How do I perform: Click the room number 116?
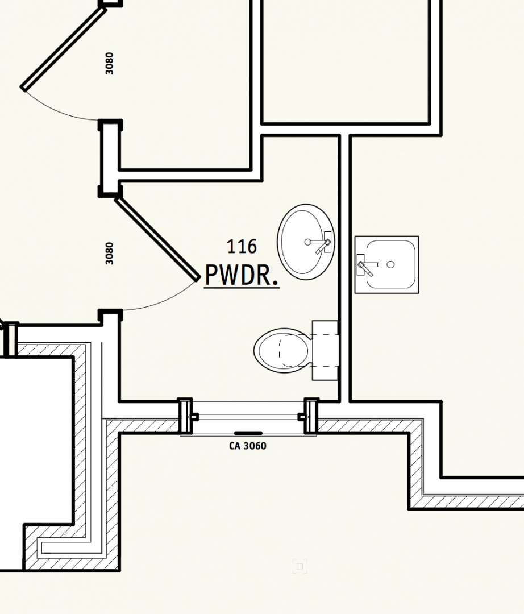point(242,246)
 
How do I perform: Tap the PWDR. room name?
point(242,275)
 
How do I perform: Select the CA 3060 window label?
point(248,446)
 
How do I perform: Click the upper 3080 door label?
point(109,63)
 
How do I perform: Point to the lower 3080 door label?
point(109,253)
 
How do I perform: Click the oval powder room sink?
point(306,242)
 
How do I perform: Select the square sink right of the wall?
point(386,265)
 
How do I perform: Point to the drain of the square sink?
point(390,265)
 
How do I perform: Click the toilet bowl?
point(282,350)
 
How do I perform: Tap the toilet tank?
point(325,350)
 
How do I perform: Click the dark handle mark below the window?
point(248,433)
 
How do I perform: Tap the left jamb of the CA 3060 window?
point(185,416)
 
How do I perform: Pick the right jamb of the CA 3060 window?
point(311,416)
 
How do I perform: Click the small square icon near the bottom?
point(300,566)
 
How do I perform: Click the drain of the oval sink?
point(307,242)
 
